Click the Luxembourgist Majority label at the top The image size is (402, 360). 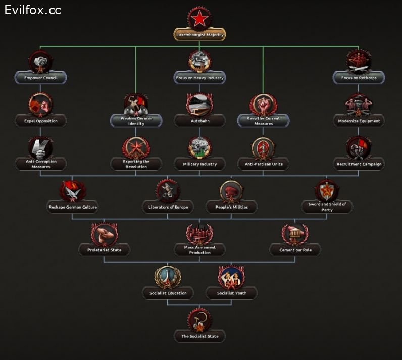pos(200,35)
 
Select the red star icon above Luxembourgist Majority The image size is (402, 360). pos(200,19)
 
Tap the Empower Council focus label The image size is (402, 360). pos(40,78)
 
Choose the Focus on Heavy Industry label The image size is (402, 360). pos(199,78)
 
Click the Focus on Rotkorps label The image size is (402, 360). pos(359,78)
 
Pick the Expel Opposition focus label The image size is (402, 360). pos(40,121)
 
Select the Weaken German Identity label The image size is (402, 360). pos(136,121)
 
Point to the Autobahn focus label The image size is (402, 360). pos(199,121)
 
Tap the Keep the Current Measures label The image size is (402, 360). pos(263,121)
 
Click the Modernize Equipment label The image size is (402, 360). pos(359,121)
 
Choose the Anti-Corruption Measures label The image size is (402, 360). pos(40,164)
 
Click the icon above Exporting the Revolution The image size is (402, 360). pos(136,147)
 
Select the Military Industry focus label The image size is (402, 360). pos(199,164)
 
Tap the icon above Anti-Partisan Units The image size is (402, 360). pos(263,147)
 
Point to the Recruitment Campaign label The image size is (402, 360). pos(359,164)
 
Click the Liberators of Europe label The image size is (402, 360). pos(168,207)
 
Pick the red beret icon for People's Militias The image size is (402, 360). pos(231,191)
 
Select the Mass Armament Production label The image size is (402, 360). pos(199,250)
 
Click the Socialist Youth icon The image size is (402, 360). pos(231,277)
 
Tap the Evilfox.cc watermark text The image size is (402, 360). pos(33,10)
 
